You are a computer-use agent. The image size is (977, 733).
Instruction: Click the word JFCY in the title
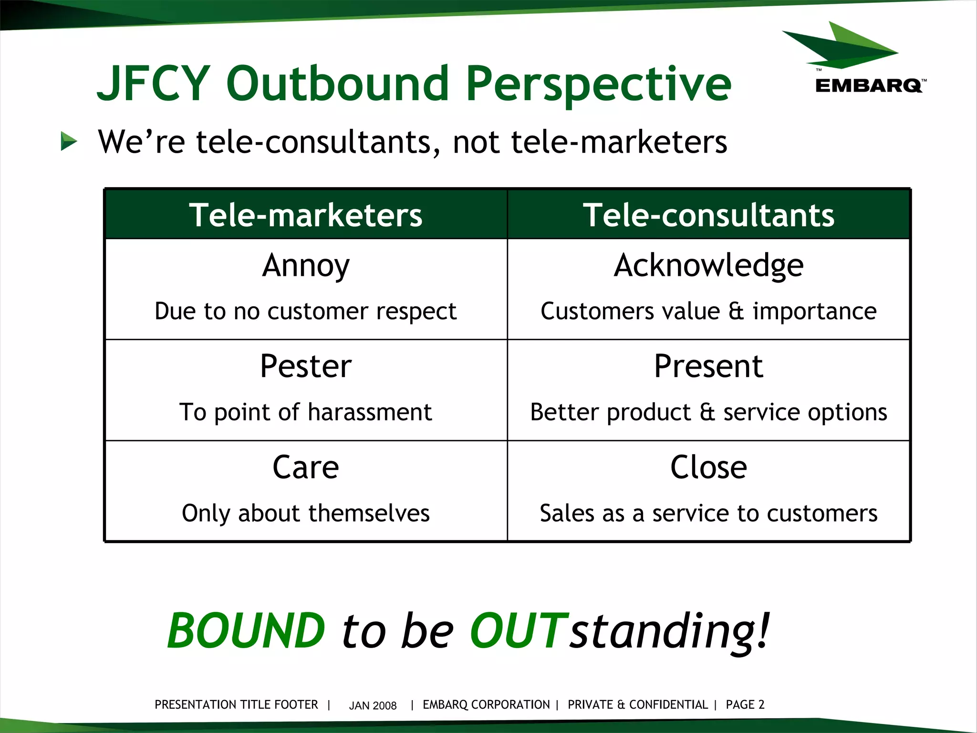[x=154, y=84]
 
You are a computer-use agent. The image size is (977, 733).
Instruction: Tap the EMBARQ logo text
[x=869, y=86]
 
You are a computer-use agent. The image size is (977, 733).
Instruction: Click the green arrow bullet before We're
[x=69, y=142]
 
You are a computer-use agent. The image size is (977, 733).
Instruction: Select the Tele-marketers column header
[x=306, y=215]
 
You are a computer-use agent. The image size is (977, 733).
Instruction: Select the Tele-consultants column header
[x=708, y=215]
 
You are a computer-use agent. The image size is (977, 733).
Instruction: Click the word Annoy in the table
[x=306, y=266]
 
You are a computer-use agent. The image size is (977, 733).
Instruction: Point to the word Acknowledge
[x=708, y=266]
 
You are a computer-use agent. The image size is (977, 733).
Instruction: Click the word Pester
[x=306, y=366]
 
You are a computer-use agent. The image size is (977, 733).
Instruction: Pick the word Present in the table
[x=708, y=366]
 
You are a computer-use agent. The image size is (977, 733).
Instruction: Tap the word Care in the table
[x=306, y=467]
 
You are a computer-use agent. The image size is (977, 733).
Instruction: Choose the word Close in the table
[x=708, y=467]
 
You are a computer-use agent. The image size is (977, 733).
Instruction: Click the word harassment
[x=370, y=412]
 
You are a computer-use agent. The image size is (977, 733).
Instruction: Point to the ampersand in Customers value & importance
[x=736, y=311]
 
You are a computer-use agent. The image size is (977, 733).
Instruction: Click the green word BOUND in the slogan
[x=246, y=631]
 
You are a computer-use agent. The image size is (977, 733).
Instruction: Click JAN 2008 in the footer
[x=373, y=705]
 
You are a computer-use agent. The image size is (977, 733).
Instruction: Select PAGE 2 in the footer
[x=745, y=705]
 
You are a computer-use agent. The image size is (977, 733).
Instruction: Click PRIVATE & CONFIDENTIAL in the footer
[x=638, y=705]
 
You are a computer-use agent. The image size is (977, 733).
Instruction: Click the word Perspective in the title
[x=598, y=84]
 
